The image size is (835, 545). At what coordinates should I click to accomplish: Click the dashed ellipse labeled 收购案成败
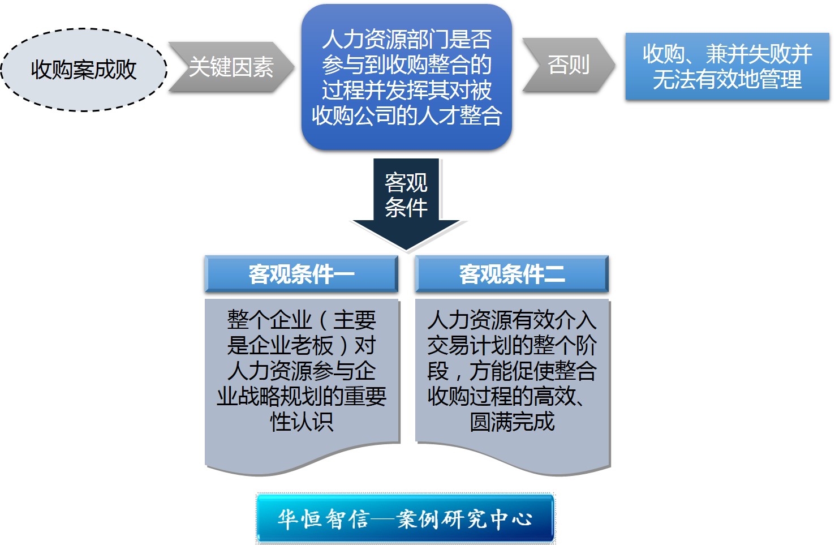pyautogui.click(x=84, y=70)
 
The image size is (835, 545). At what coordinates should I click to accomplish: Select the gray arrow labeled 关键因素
pyautogui.click(x=231, y=67)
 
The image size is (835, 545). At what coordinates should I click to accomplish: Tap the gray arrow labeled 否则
pyautogui.click(x=569, y=65)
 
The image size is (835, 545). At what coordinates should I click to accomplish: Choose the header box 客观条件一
pyautogui.click(x=302, y=274)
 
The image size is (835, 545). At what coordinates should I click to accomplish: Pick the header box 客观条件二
pyautogui.click(x=512, y=274)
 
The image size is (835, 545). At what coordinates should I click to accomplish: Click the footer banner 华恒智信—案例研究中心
pyautogui.click(x=405, y=518)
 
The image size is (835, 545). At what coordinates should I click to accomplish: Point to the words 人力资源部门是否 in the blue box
pyautogui.click(x=407, y=39)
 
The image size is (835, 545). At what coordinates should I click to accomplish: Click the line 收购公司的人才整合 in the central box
pyautogui.click(x=407, y=115)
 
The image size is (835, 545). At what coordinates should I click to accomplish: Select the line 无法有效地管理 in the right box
pyautogui.click(x=727, y=79)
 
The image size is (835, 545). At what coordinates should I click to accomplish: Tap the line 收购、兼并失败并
pyautogui.click(x=727, y=54)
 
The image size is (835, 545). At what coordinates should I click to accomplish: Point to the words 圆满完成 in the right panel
pyautogui.click(x=512, y=422)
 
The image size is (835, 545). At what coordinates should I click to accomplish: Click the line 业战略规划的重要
pyautogui.click(x=302, y=396)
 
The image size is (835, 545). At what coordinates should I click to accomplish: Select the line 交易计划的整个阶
pyautogui.click(x=512, y=345)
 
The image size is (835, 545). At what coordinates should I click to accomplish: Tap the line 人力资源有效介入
pyautogui.click(x=512, y=320)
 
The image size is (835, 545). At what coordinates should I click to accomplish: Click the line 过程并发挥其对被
pyautogui.click(x=407, y=90)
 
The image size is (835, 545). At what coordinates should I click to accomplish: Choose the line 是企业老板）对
pyautogui.click(x=302, y=345)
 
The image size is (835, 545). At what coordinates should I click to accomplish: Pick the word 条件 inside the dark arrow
pyautogui.click(x=406, y=207)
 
